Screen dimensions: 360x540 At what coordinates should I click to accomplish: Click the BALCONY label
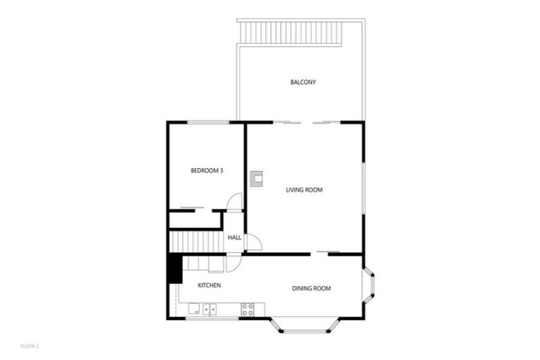click(x=303, y=82)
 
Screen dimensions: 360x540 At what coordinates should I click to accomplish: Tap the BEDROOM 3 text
click(x=207, y=170)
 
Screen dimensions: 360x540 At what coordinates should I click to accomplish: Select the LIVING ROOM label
click(x=304, y=189)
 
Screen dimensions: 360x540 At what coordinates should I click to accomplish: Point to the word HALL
click(x=234, y=238)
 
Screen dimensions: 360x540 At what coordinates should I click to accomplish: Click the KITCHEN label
click(x=210, y=285)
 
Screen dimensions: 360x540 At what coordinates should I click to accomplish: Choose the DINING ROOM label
click(x=311, y=288)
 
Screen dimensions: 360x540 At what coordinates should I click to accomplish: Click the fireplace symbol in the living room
click(x=257, y=178)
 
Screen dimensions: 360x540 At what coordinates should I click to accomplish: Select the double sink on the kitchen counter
click(x=210, y=308)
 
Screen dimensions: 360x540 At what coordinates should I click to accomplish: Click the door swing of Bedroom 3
click(x=236, y=201)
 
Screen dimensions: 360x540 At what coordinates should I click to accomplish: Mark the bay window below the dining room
click(x=305, y=327)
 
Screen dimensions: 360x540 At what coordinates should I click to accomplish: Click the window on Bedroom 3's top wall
click(x=208, y=122)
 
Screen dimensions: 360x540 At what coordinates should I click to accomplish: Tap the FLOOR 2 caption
click(x=30, y=346)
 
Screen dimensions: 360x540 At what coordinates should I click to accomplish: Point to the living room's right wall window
click(x=363, y=188)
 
